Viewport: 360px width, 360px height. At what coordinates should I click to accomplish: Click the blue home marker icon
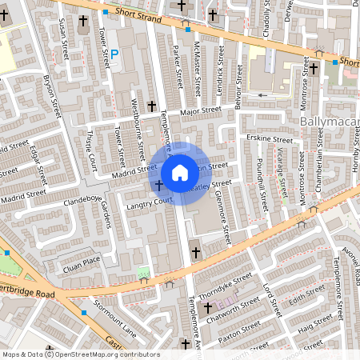point(180,172)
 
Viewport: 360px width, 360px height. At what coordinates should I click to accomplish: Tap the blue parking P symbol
point(114,54)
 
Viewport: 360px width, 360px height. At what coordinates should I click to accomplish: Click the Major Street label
point(199,111)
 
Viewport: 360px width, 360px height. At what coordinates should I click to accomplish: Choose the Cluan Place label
point(82,259)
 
